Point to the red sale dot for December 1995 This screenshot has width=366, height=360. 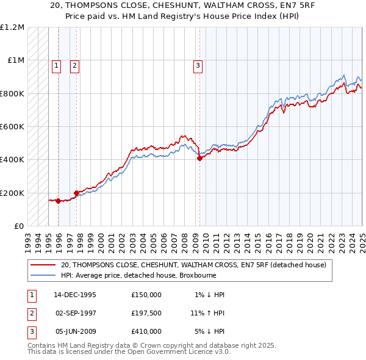pos(58,201)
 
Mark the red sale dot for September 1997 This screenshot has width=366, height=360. pos(76,193)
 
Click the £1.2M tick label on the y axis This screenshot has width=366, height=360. pos(12,27)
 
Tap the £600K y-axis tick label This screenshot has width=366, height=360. pos(12,127)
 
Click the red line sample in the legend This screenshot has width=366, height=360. pos(43,265)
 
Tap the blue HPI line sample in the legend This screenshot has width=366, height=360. pos(43,275)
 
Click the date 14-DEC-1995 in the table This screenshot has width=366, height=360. pos(75,295)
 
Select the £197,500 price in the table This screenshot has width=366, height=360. pos(146,313)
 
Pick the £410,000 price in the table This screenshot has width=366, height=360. pos(146,331)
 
